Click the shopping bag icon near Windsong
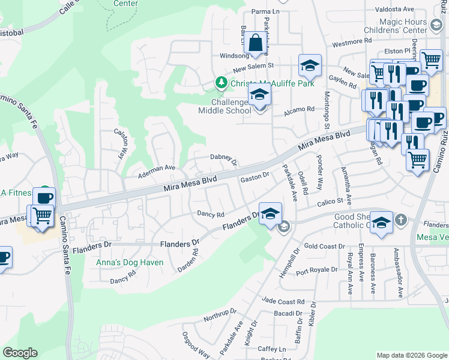256,43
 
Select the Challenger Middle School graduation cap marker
260,95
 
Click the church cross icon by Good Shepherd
400,220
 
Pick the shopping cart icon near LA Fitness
41,215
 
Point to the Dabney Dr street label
224,158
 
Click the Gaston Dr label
252,178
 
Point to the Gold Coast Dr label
324,246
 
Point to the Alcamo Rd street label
300,109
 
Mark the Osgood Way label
196,346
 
